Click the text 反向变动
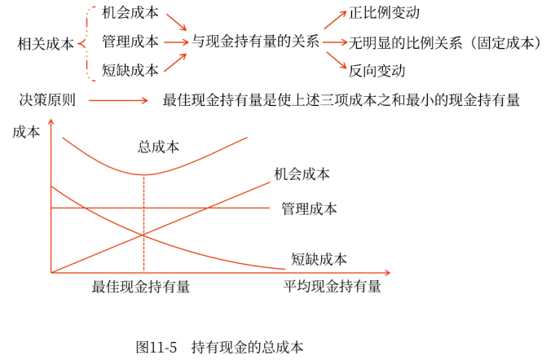376,71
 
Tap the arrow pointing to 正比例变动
332,22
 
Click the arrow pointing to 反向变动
332,60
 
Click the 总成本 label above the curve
159,147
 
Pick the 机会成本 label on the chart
302,173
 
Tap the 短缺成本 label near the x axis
319,259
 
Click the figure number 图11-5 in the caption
156,346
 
